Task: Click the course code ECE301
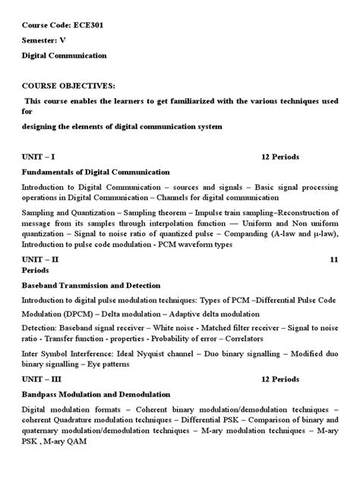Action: click(x=88, y=24)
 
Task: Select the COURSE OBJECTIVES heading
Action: click(x=68, y=86)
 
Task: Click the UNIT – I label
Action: click(x=38, y=157)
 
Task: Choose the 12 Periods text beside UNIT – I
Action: click(x=280, y=157)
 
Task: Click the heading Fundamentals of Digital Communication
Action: click(x=96, y=172)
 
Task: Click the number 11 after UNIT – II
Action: click(x=333, y=260)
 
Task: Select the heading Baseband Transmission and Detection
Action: click(x=91, y=286)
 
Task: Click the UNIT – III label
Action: click(x=42, y=377)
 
